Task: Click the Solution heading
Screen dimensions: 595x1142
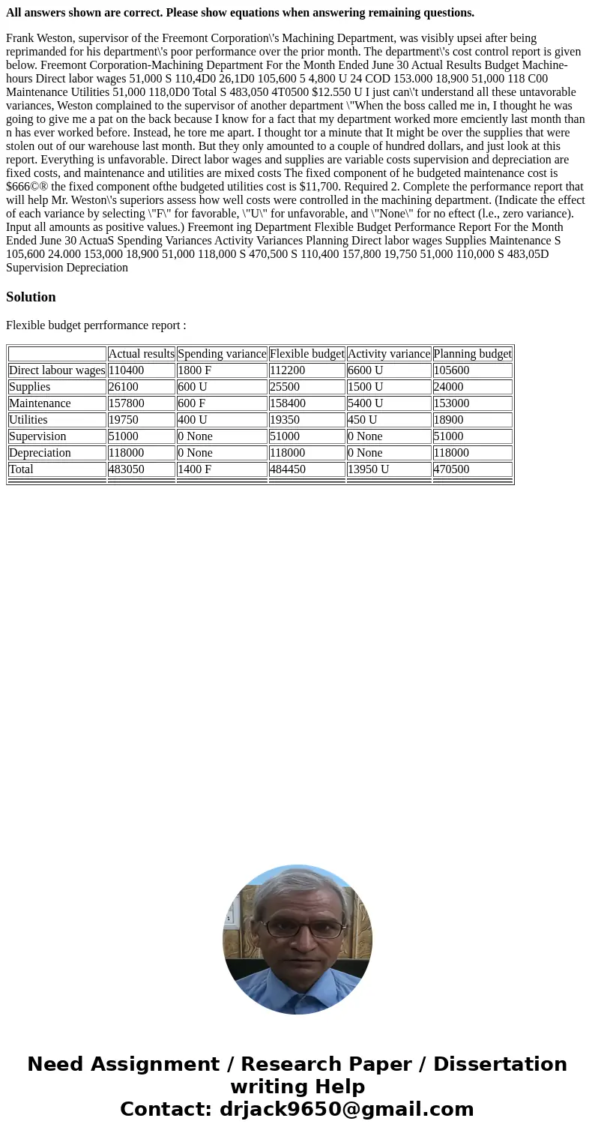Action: [x=31, y=297]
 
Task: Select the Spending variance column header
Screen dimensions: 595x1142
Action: [x=222, y=354]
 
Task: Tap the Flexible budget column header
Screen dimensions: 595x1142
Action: [x=306, y=354]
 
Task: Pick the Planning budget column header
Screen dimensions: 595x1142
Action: [x=472, y=354]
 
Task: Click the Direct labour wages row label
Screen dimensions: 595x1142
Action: [x=57, y=370]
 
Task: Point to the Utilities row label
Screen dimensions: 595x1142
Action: [x=28, y=420]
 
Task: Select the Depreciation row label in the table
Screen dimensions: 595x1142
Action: [x=40, y=453]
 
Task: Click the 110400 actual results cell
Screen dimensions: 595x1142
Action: [x=126, y=370]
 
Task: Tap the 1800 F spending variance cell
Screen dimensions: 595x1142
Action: [x=194, y=370]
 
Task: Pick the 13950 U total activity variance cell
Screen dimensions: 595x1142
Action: [x=368, y=469]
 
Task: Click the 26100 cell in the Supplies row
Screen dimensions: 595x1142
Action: [x=123, y=387]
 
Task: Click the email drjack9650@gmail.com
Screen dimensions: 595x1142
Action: [x=347, y=1109]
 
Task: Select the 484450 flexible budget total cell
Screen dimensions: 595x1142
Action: [x=287, y=469]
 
